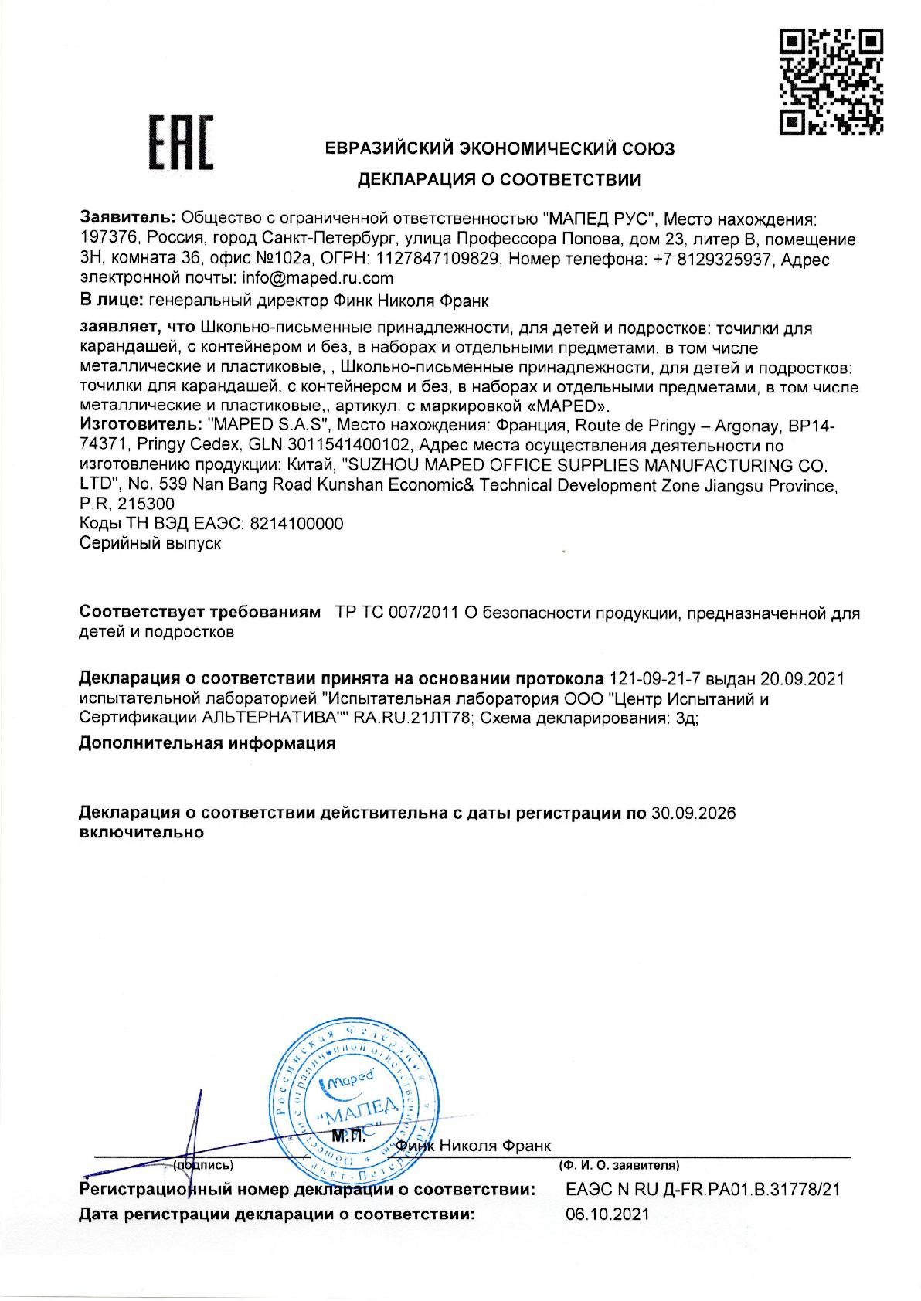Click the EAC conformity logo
[x=182, y=143]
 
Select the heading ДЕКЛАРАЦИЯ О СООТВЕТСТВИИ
[x=498, y=181]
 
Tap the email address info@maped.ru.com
[x=318, y=278]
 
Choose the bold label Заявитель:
[x=128, y=219]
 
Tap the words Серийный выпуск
[x=151, y=543]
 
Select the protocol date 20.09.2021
[x=803, y=679]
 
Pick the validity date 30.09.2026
[x=693, y=813]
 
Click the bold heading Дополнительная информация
[x=207, y=743]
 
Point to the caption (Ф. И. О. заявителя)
[x=618, y=1163]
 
